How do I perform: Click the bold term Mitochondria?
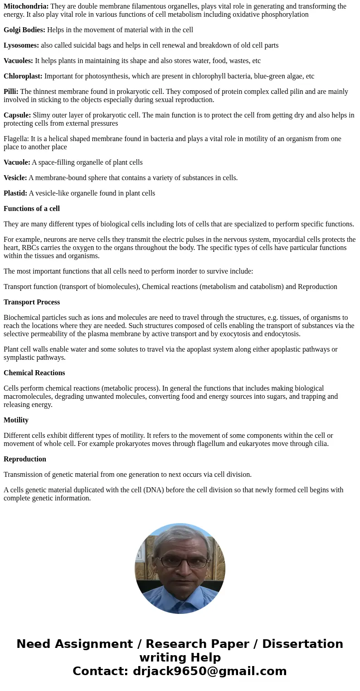click(26, 6)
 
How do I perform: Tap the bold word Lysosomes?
click(21, 45)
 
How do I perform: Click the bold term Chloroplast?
click(23, 76)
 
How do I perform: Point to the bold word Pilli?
click(11, 92)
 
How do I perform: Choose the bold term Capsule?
click(17, 115)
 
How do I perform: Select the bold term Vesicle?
click(15, 178)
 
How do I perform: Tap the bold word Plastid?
click(15, 193)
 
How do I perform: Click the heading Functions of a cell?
click(32, 209)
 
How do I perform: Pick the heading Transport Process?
click(32, 302)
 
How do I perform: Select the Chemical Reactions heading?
click(34, 373)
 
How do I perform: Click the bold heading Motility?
click(16, 420)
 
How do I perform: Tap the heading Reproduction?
click(25, 459)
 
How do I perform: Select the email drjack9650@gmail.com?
click(209, 671)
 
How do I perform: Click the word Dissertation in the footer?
click(302, 644)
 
